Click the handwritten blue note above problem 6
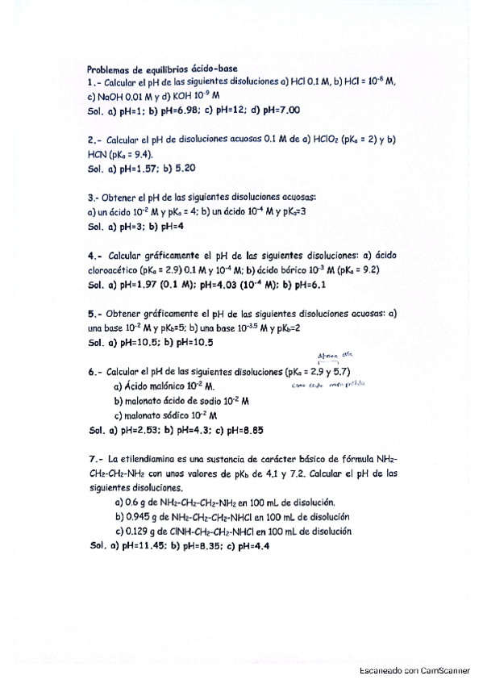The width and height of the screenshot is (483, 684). [331, 356]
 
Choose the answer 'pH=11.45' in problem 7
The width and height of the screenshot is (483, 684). [144, 545]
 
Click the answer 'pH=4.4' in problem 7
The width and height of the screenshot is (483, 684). [252, 545]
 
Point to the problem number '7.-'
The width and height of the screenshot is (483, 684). [95, 459]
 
